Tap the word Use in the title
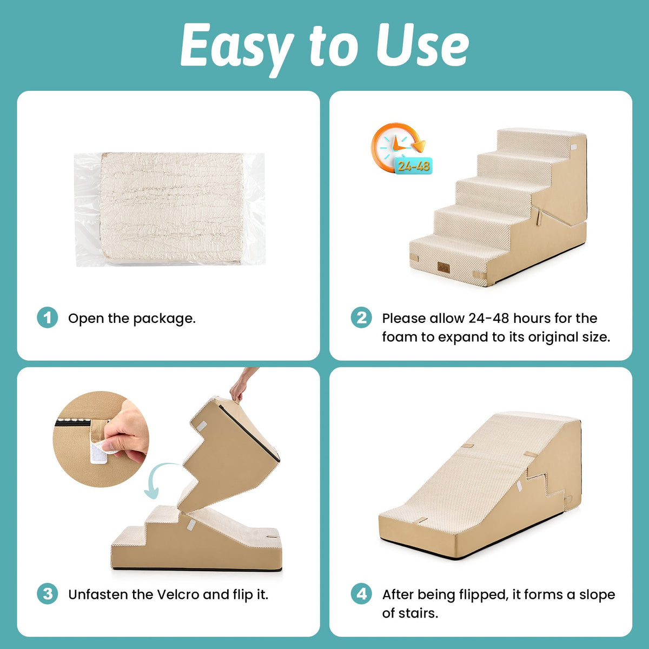click(422, 45)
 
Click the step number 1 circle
click(47, 317)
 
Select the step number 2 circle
click(361, 317)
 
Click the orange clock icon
click(398, 147)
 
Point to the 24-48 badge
click(414, 165)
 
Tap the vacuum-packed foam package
click(169, 209)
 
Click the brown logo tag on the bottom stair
click(443, 267)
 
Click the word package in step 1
click(164, 319)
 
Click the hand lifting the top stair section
click(241, 384)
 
